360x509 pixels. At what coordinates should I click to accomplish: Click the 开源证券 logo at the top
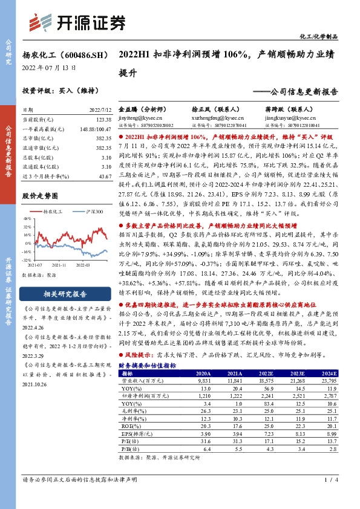pos(78,22)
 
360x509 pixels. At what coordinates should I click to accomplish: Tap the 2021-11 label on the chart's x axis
pos(59,264)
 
